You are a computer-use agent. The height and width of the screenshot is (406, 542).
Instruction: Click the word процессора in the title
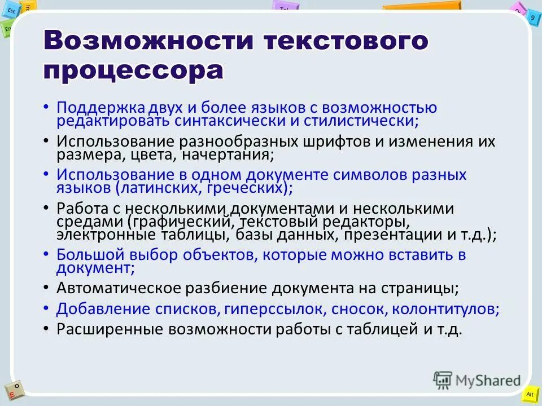133,70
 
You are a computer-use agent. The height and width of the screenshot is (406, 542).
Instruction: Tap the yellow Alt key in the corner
530,394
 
